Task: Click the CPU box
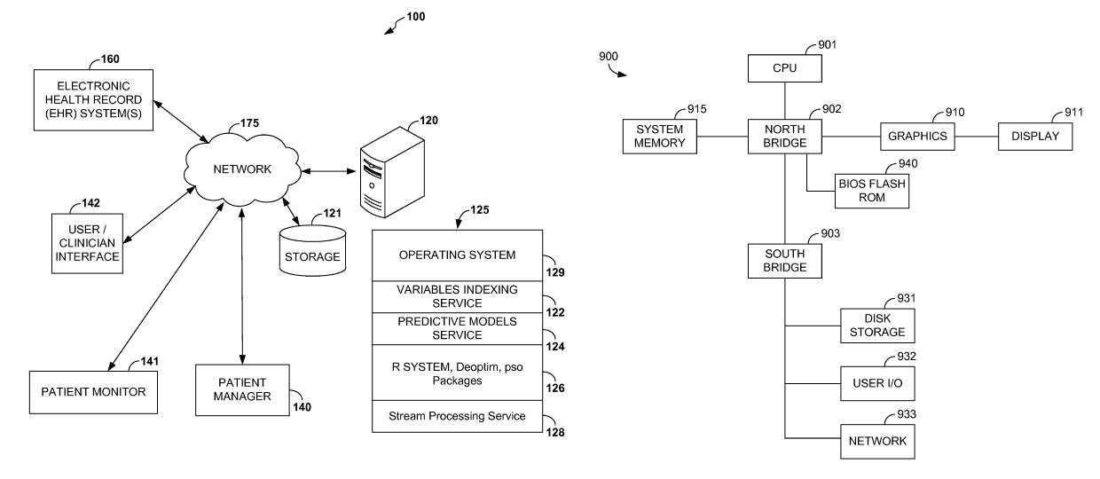784,67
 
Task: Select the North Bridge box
784,136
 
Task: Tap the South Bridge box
784,260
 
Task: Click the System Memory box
659,136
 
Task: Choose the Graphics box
918,136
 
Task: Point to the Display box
1034,136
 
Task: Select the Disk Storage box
876,326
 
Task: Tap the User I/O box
876,383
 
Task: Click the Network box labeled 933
876,441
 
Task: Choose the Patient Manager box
241,389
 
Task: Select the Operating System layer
456,255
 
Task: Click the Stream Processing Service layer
456,415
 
